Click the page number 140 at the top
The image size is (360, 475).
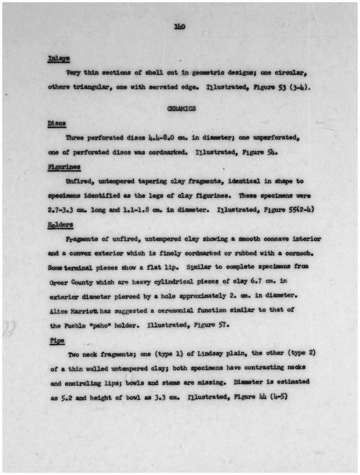click(x=180, y=27)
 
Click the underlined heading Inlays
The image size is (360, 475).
click(x=59, y=59)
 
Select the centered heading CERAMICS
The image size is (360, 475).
click(x=181, y=109)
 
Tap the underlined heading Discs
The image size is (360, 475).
click(x=57, y=123)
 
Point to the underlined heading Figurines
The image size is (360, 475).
click(x=64, y=167)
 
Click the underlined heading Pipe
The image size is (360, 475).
click(x=57, y=340)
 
